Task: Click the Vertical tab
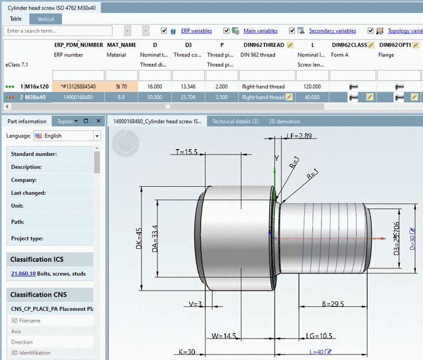tap(46, 19)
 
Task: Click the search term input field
tap(59, 31)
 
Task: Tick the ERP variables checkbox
tap(164, 31)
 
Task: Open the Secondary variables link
tap(332, 31)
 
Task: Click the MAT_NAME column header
tap(121, 45)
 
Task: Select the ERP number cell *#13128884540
tap(78, 86)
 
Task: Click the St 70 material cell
tap(121, 86)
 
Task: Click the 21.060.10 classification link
tap(23, 274)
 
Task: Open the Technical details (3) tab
tap(235, 121)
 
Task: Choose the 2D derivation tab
tap(284, 121)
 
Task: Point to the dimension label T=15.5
tap(186, 152)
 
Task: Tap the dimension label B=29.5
tap(333, 304)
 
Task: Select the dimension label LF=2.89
tap(299, 136)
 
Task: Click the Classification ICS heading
tap(37, 260)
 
